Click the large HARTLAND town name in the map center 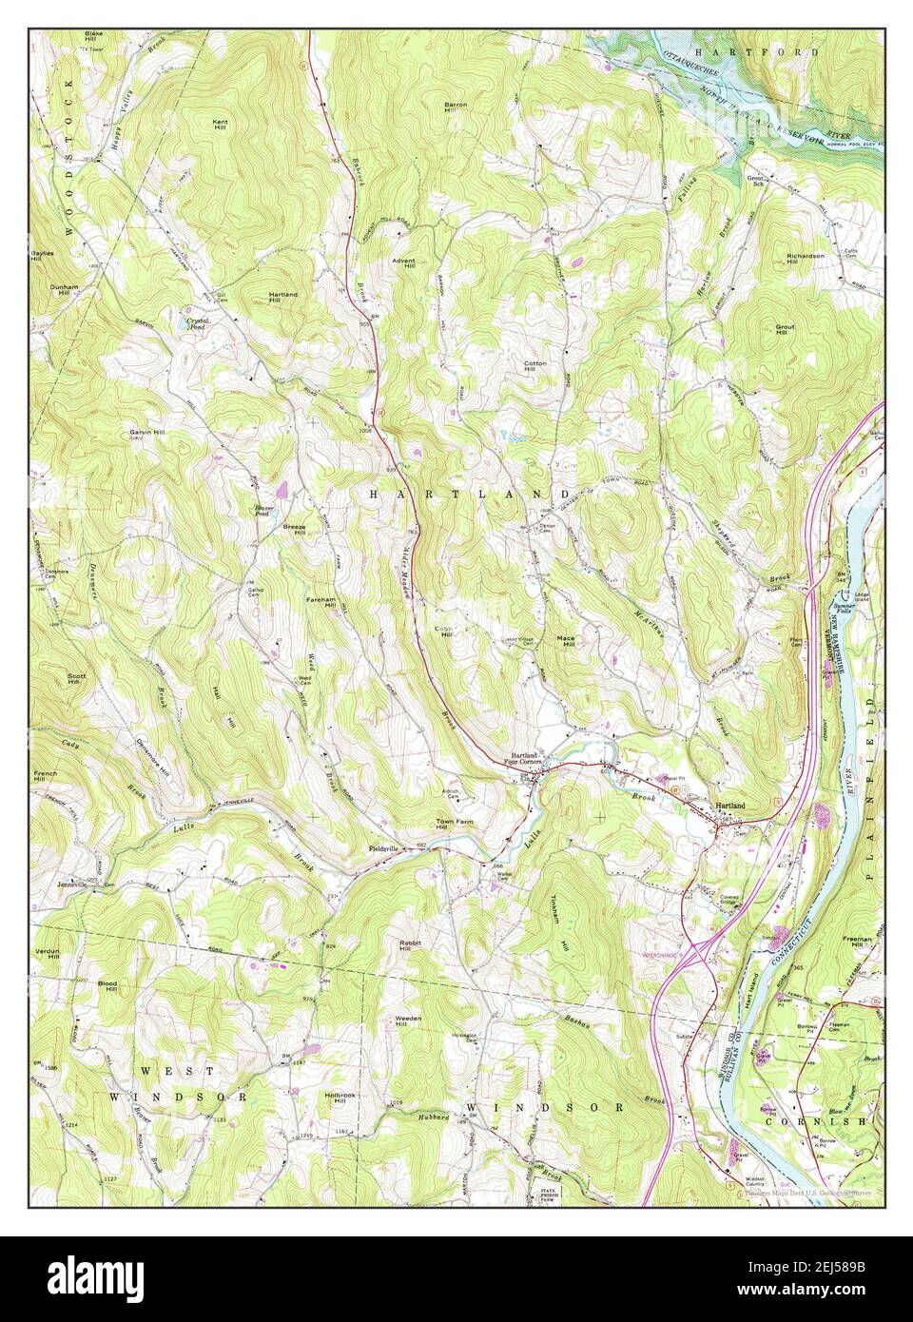point(469,495)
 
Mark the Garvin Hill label point(147,433)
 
